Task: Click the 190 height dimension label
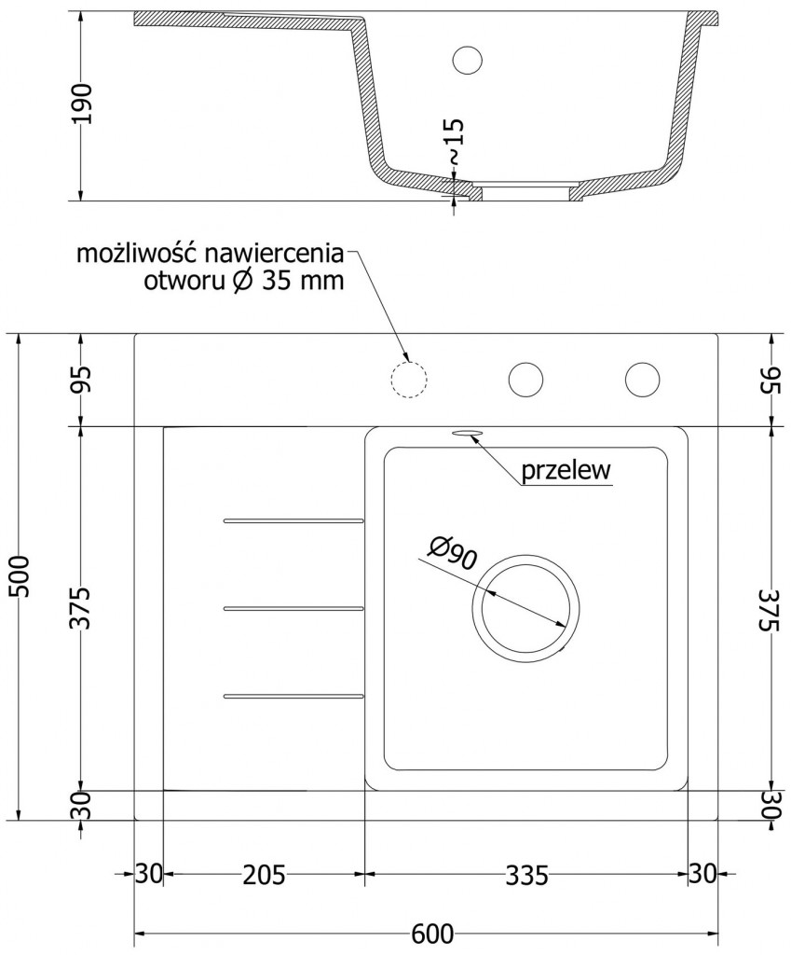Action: [83, 104]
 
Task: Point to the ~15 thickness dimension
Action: [454, 141]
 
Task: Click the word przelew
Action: [566, 471]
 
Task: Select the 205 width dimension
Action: [264, 875]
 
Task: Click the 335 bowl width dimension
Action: [526, 875]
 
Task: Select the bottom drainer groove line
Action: [293, 695]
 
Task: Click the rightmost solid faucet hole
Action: [642, 379]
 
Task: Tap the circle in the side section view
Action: [467, 60]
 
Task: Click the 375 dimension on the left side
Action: [83, 608]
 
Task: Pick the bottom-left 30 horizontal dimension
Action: [148, 875]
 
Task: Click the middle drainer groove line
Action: [293, 608]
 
